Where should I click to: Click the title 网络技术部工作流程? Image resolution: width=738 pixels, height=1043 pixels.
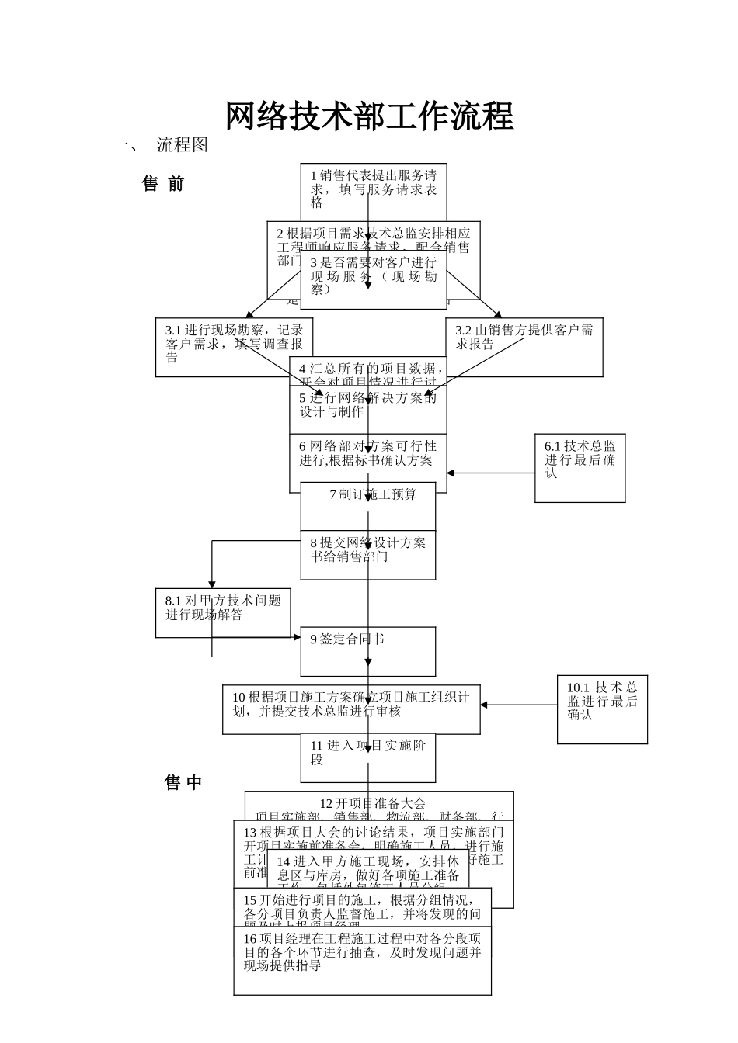click(369, 116)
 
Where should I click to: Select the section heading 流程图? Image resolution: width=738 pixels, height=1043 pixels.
click(183, 145)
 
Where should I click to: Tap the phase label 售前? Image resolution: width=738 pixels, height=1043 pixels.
click(163, 184)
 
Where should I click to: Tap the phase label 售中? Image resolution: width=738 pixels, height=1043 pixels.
click(183, 782)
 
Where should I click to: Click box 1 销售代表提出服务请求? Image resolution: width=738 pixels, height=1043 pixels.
click(374, 189)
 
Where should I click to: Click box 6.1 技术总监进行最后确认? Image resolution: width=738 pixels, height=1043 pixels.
click(580, 467)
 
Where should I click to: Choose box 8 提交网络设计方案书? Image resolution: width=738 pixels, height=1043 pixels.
click(368, 554)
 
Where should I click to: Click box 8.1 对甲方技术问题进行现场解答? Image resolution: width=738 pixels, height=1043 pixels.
click(223, 612)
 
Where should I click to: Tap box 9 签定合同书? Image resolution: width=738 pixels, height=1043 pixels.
click(368, 651)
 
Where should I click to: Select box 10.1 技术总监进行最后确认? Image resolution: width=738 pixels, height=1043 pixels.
click(602, 709)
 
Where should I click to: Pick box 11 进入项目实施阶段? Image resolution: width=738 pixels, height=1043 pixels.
click(368, 757)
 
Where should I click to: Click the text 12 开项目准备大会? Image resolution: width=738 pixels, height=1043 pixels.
click(373, 802)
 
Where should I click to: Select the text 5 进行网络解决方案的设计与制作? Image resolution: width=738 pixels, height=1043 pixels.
click(368, 404)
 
